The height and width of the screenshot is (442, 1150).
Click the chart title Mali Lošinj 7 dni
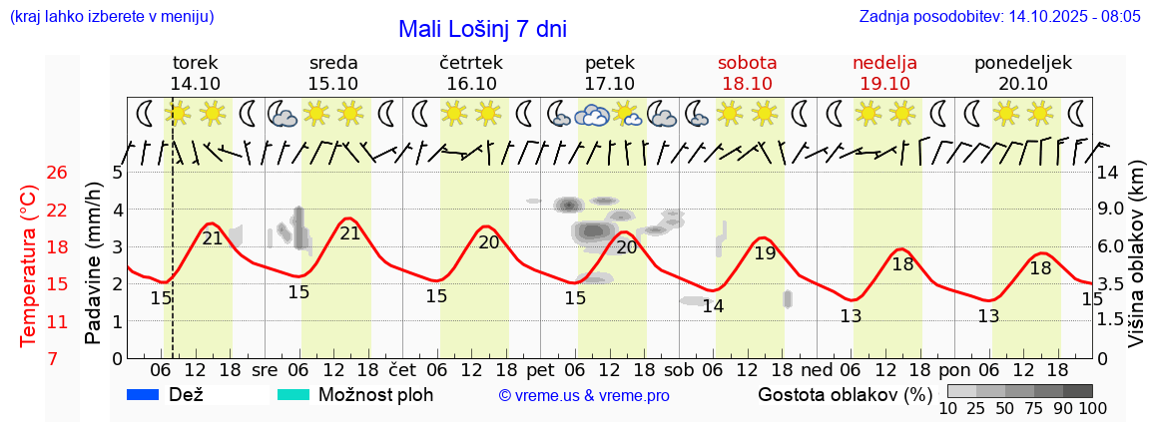coord(482,29)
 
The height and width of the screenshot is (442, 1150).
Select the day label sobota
coord(747,63)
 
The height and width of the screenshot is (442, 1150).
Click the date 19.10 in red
coord(884,84)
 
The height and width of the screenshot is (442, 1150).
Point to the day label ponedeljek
coord(1022,63)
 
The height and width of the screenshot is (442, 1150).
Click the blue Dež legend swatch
coord(144,395)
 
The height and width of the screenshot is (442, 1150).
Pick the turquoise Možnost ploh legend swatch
coord(292,395)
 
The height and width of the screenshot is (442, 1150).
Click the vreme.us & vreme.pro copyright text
coord(584,396)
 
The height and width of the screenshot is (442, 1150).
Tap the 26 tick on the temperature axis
coord(57,173)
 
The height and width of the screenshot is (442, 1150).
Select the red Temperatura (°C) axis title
coord(29,265)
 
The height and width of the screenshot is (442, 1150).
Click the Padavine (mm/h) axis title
coord(94,263)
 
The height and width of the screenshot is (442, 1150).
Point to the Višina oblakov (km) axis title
coord(1137,265)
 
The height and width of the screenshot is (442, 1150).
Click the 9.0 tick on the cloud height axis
coord(1111,210)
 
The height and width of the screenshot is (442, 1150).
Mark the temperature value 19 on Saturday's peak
coord(765,253)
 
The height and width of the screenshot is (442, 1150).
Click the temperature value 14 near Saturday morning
coord(712,306)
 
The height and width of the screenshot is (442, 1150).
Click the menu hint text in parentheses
coord(112,17)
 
